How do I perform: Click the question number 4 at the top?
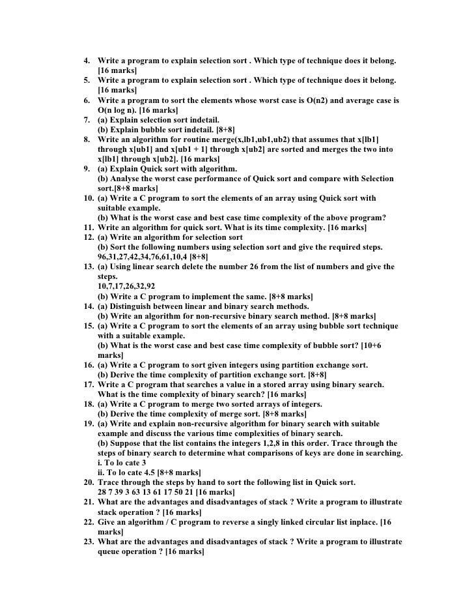tap(88, 61)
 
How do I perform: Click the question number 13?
tap(88, 266)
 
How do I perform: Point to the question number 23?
tap(88, 541)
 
